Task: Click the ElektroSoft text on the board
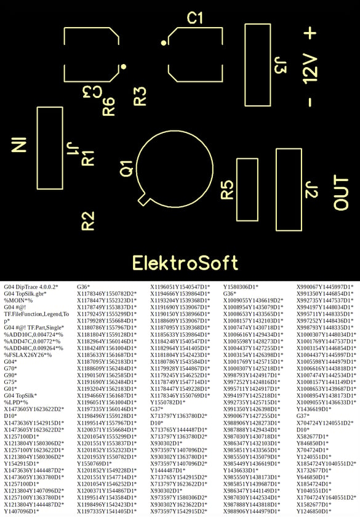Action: [x=185, y=263]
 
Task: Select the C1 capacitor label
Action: [x=194, y=18]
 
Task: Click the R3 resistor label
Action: [x=140, y=96]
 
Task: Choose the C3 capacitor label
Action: [x=91, y=92]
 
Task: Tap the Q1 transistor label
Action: [x=127, y=169]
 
